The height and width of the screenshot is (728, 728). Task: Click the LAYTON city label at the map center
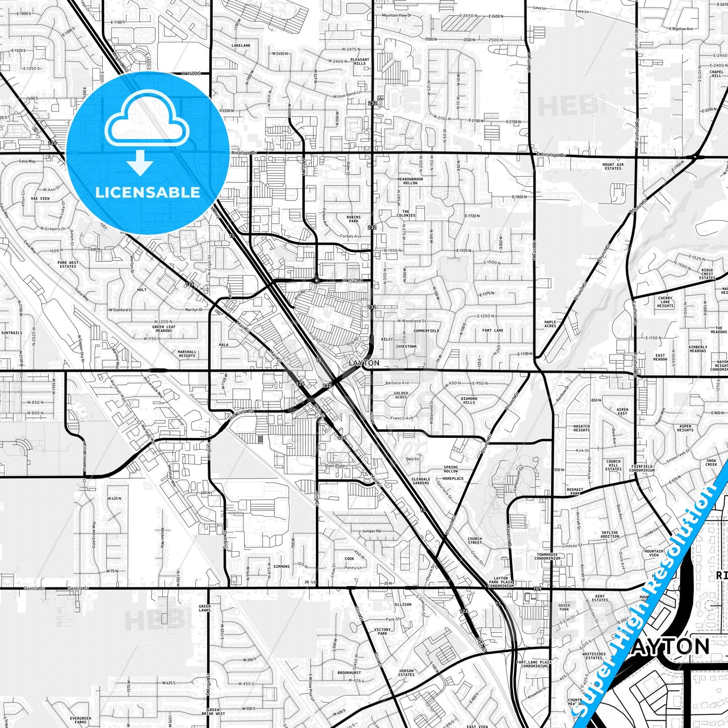pos(364,363)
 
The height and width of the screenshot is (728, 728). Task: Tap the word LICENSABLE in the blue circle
pos(148,192)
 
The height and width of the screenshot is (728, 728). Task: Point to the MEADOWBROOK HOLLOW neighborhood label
pos(410,181)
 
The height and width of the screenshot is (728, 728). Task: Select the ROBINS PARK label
pos(353,219)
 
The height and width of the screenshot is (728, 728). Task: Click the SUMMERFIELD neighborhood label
pos(426,331)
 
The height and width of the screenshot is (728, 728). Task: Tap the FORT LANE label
pos(493,330)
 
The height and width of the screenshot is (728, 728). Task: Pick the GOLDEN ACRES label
pos(401,395)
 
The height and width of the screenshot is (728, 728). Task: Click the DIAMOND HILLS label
pos(469,401)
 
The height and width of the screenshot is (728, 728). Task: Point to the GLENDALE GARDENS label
pos(421,481)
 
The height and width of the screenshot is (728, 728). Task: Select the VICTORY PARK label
pos(382,631)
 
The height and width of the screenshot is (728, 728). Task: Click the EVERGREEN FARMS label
pos(81,720)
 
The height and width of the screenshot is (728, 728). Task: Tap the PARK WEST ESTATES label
pos(68,264)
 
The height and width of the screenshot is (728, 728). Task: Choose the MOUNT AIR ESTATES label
pos(613,166)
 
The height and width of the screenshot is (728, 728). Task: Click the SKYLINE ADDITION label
pos(610,535)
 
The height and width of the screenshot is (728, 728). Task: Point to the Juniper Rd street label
pos(371,531)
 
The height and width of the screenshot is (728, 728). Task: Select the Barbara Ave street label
pos(397,383)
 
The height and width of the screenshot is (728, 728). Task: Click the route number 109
pos(537,588)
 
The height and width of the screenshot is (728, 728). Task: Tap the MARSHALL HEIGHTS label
pos(187,354)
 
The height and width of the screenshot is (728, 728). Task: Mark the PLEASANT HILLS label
pos(360,61)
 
